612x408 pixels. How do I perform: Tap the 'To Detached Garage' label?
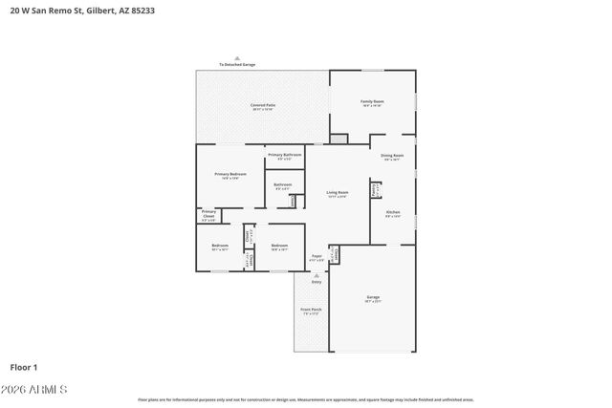click(x=237, y=64)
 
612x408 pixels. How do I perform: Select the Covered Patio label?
click(x=263, y=105)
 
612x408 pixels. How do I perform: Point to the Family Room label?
click(x=372, y=101)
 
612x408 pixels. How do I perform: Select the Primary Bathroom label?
click(x=285, y=155)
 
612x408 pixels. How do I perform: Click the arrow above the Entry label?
click(x=316, y=275)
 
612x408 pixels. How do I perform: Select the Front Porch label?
click(x=311, y=310)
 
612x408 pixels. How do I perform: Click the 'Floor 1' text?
click(x=24, y=367)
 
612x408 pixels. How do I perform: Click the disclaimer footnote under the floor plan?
click(x=305, y=399)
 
